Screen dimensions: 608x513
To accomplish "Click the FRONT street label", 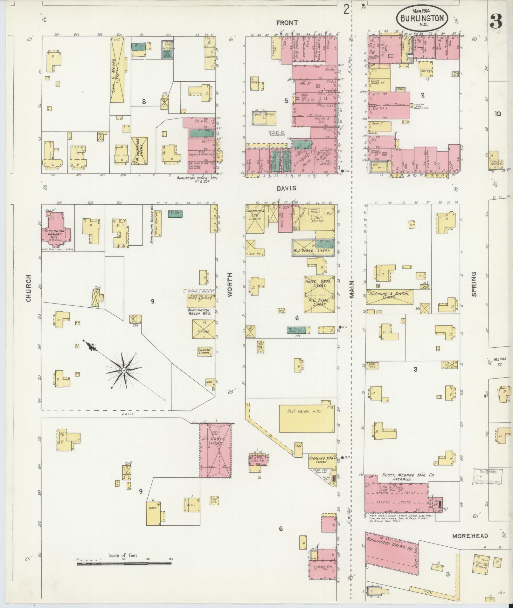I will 287,23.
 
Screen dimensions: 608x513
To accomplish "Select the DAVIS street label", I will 286,188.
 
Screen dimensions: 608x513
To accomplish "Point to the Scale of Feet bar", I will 124,564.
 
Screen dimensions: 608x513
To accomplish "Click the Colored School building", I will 204,351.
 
